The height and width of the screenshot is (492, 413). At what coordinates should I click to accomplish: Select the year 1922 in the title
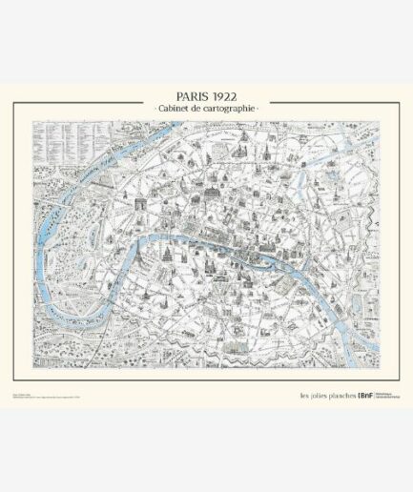pyautogui.click(x=228, y=98)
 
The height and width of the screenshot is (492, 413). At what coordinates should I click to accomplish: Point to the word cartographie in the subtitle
pyautogui.click(x=231, y=112)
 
